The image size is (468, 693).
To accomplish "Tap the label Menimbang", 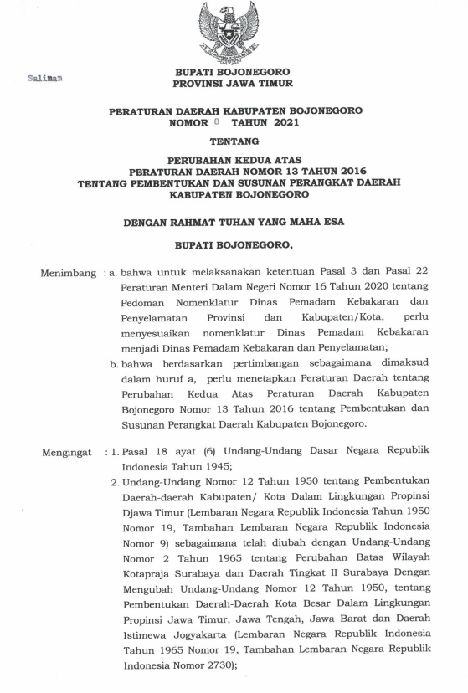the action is click(68, 273).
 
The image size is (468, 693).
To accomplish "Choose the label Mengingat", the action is click(68, 453).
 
